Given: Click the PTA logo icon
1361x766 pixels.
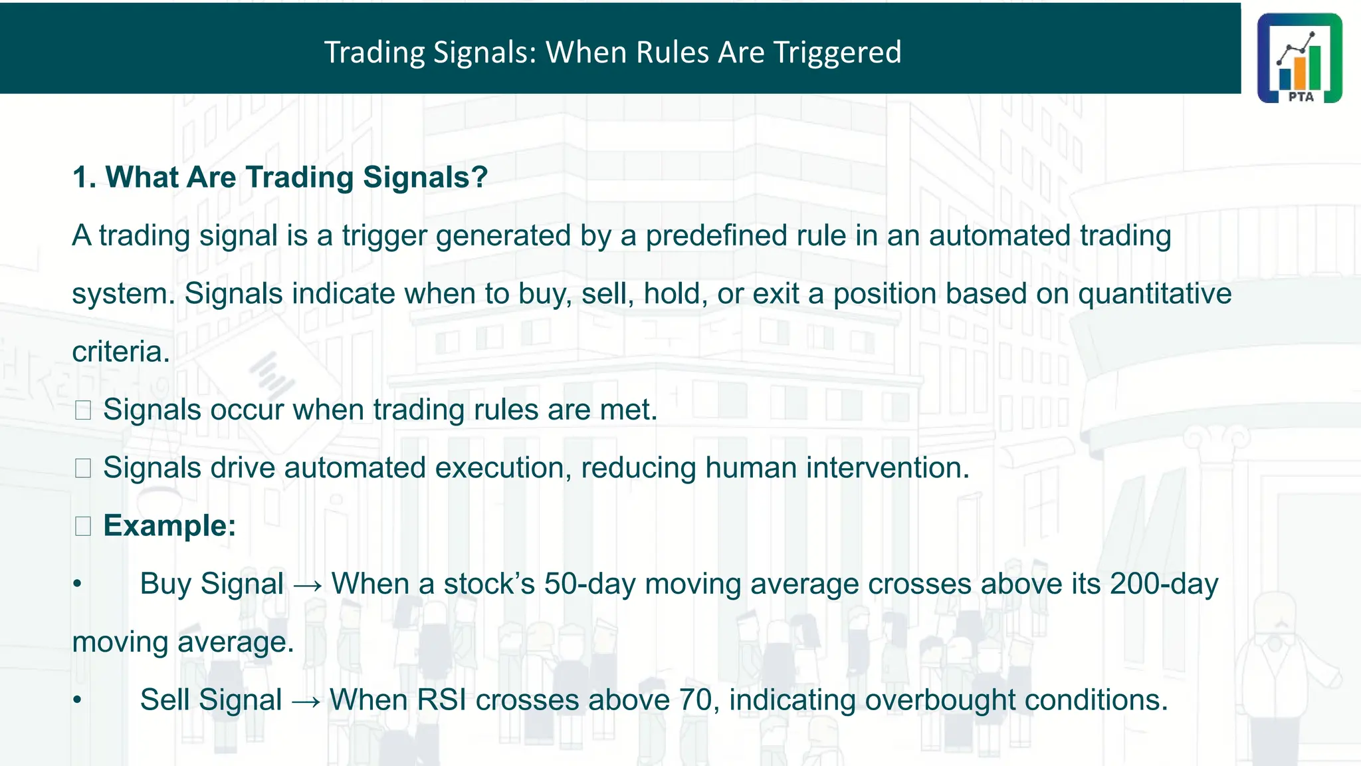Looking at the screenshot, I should coord(1299,58).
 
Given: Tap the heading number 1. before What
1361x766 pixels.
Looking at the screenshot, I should coord(84,178).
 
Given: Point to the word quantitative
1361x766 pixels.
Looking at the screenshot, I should coord(1154,294).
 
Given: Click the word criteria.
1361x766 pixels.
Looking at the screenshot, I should coord(120,352).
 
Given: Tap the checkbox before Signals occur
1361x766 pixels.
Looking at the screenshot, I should coord(83,410).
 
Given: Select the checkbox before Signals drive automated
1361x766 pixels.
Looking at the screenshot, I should coord(83,468).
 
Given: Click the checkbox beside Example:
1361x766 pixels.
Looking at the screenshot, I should coord(83,527).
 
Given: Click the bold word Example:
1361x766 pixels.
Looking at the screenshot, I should coord(169,526).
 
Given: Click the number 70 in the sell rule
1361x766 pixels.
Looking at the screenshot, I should coord(695,700).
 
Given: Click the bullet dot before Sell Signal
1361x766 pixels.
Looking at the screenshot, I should coord(78,700).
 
